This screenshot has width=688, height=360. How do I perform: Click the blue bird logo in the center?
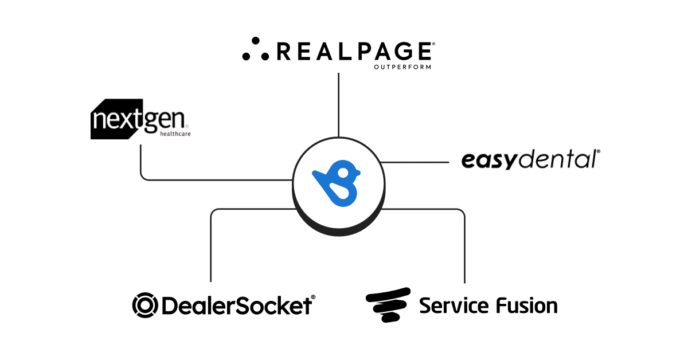[x=337, y=184]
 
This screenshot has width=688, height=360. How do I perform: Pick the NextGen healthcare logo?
[x=140, y=119]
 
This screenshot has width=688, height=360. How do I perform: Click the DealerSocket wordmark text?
[x=237, y=305]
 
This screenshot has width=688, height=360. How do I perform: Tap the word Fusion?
[x=527, y=305]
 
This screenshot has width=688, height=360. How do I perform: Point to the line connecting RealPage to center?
[x=339, y=103]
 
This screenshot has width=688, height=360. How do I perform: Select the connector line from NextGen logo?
[x=140, y=166]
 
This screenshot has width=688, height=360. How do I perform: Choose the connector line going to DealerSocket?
[x=211, y=246]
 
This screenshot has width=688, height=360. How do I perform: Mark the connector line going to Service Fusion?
[x=464, y=246]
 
